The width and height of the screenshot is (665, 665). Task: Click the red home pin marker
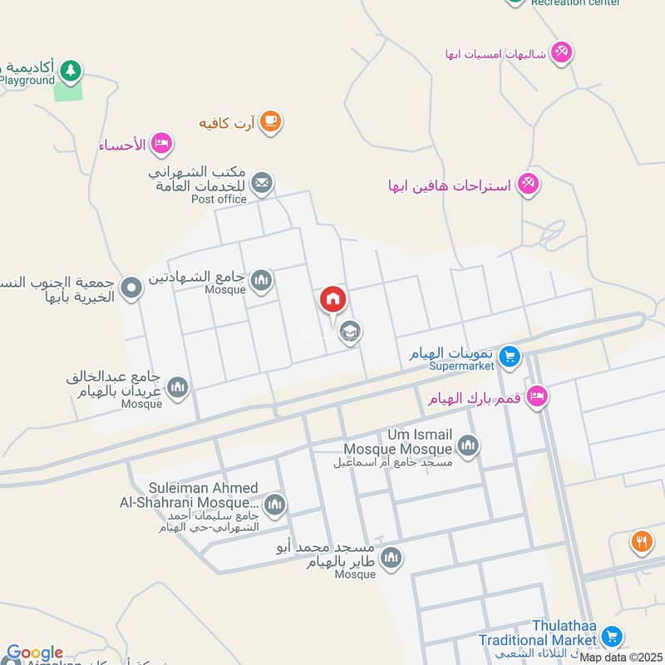(332, 299)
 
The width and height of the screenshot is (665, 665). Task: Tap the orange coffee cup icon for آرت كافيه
(270, 122)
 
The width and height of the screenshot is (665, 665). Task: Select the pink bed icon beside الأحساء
(161, 144)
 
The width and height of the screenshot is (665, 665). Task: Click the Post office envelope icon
(262, 183)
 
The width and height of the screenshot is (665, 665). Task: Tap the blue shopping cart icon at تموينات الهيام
(510, 357)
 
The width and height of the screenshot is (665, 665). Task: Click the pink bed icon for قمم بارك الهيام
(537, 397)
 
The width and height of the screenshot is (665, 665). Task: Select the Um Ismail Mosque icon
(468, 446)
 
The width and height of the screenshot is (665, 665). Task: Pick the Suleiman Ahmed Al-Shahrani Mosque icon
(274, 504)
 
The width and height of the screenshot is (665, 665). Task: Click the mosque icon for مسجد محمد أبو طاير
(392, 558)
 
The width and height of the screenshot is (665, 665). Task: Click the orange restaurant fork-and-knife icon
(641, 542)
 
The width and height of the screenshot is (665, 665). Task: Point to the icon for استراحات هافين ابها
(528, 183)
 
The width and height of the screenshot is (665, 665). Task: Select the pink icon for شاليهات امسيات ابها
(562, 52)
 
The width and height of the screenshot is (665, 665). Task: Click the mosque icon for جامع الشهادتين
(261, 280)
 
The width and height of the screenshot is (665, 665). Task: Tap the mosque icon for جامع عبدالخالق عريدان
(177, 387)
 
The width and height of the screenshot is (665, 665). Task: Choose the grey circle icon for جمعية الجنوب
(131, 289)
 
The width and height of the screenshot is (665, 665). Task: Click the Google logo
(34, 653)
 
